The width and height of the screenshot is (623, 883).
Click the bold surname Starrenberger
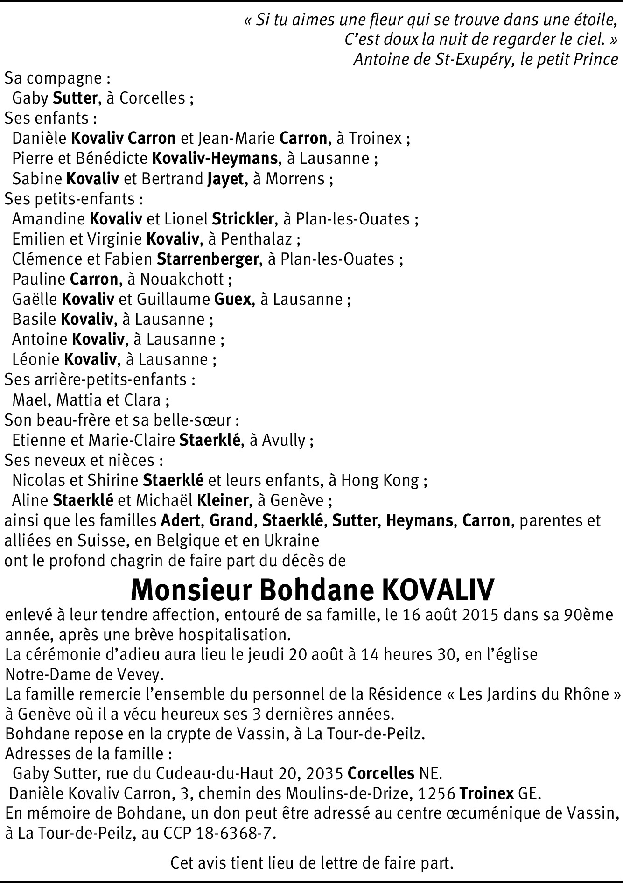coord(208,259)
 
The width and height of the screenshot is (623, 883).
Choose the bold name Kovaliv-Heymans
coord(215,158)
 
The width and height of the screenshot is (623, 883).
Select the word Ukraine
coord(291,540)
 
